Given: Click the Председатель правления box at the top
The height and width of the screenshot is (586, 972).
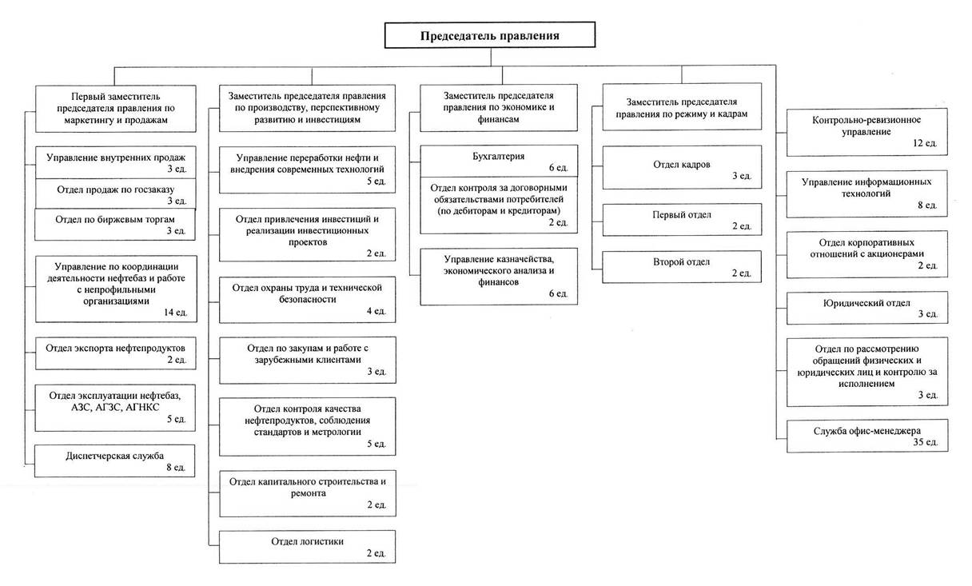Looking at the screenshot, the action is point(489,35).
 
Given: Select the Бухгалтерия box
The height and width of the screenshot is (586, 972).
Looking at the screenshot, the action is point(499,161).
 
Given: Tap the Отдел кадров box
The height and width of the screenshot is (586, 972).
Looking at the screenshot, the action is point(682,167).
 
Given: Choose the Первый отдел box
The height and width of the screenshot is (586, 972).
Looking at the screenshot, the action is point(682,220).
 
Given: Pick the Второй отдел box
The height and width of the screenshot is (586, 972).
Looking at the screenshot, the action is point(681,267).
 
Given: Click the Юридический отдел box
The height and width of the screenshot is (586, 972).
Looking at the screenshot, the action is point(867,308).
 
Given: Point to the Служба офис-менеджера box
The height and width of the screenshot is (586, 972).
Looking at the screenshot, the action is point(867,436).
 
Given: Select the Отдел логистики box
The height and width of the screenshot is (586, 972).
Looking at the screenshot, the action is point(307,547).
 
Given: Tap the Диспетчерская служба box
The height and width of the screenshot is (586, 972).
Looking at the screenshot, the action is point(114,461).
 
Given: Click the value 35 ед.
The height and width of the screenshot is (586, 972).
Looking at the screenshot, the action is point(926,442).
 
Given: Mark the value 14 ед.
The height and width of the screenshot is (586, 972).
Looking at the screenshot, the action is point(175,312).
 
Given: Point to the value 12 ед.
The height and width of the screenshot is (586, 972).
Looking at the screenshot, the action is point(925,143).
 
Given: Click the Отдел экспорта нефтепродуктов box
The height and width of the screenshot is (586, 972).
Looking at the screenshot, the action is point(115,353).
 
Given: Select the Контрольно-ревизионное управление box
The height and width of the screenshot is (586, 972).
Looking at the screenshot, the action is point(866,132).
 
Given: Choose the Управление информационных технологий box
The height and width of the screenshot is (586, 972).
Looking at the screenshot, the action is point(866,193).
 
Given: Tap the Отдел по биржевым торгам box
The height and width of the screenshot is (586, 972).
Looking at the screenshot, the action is point(115,225).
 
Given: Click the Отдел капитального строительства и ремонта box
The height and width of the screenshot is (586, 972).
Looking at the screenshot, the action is point(307,493).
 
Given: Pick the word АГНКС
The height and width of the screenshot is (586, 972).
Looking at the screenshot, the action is point(142,407).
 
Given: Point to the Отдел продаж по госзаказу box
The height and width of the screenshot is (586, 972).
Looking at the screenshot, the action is point(115,193).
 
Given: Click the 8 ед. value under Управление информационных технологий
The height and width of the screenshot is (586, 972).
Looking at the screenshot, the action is point(927,205).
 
